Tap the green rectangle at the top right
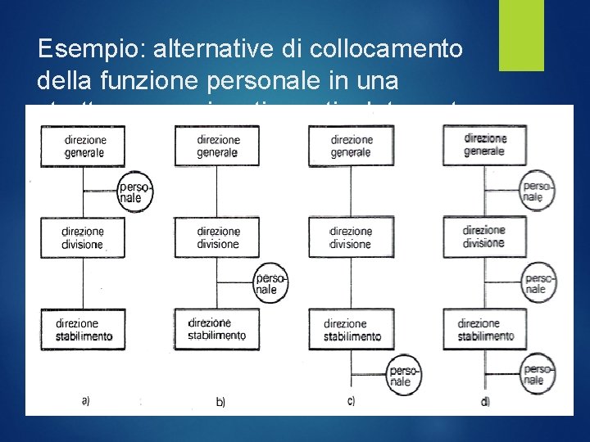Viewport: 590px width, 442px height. (x=521, y=35)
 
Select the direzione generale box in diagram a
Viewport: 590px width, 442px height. (x=83, y=146)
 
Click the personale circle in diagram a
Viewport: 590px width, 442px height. (x=131, y=191)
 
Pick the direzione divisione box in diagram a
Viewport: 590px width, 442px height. (x=83, y=238)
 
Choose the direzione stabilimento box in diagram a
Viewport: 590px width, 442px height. (x=83, y=329)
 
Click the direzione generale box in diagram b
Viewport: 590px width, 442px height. (x=217, y=146)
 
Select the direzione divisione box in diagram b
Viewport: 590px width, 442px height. (x=217, y=238)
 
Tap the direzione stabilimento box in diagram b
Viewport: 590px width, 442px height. (x=217, y=329)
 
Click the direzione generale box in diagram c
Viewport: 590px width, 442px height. (x=351, y=146)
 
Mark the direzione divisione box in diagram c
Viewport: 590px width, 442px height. (x=351, y=238)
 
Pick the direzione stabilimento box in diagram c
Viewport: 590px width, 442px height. (x=351, y=329)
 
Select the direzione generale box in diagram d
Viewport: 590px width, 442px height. (x=484, y=145)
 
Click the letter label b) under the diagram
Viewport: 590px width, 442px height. (x=220, y=402)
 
